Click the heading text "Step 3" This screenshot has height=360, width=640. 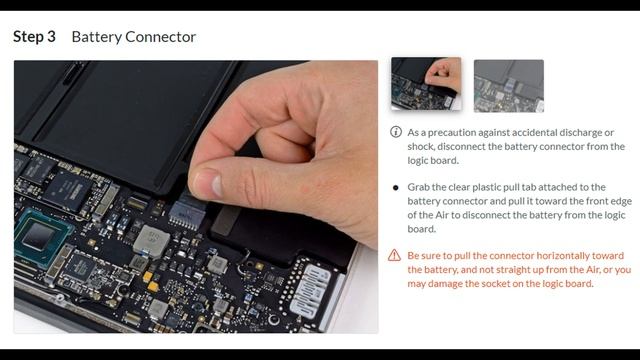(x=34, y=37)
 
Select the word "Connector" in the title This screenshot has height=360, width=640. (x=160, y=37)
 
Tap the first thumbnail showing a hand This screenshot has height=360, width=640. (x=426, y=84)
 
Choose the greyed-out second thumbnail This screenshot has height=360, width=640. (x=509, y=86)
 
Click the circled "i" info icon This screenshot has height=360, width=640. (x=396, y=132)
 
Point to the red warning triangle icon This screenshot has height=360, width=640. (x=394, y=256)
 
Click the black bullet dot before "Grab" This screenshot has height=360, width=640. (x=395, y=188)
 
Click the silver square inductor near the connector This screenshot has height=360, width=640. (x=151, y=241)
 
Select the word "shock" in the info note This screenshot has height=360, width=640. (x=420, y=146)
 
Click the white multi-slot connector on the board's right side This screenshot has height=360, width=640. (x=312, y=291)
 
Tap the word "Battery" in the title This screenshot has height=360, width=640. (x=96, y=37)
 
